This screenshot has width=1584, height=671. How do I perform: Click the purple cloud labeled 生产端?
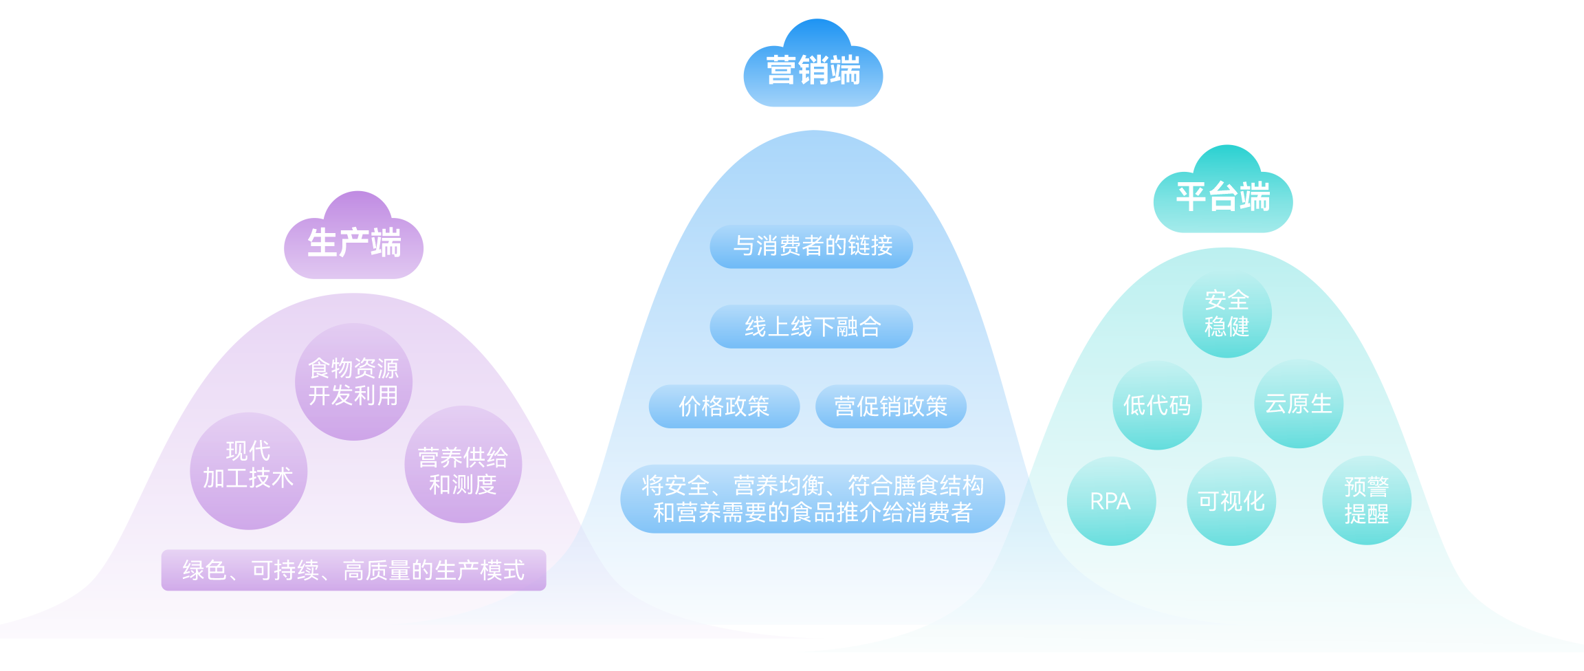point(353,243)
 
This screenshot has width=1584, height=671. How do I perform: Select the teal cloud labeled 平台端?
point(1222,197)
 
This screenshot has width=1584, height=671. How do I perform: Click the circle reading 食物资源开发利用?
point(353,382)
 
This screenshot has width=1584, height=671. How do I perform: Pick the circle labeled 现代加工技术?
point(248,470)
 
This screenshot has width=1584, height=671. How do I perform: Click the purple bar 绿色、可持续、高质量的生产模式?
point(353,570)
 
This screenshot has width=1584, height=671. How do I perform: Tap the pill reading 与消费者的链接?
point(811,246)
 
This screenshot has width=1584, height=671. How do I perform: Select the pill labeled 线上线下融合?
point(811,327)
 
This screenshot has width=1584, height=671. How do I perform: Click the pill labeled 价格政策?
point(724,406)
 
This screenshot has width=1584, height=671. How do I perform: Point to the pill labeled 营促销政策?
point(890,406)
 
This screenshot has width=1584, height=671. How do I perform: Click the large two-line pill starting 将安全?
point(812,499)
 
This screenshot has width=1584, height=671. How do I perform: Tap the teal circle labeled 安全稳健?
point(1226,313)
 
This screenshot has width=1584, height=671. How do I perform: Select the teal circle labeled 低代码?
point(1157,405)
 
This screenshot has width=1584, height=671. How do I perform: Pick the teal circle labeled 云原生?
point(1299,404)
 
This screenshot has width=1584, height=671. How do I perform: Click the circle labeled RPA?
point(1111,501)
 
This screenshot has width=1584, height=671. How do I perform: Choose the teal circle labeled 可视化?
point(1231,501)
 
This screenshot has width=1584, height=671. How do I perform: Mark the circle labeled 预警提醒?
point(1366,500)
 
